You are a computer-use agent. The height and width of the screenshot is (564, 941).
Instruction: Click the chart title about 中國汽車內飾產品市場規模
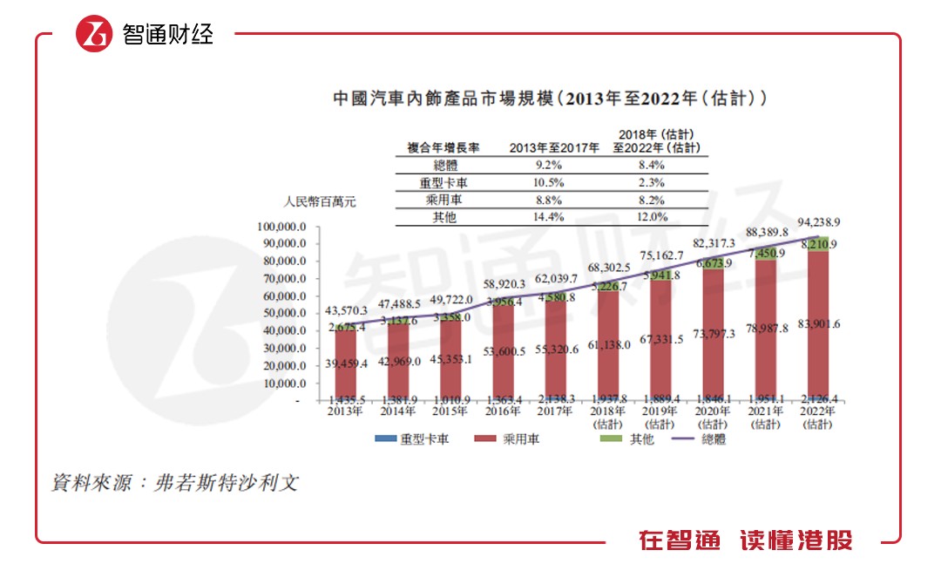(551, 98)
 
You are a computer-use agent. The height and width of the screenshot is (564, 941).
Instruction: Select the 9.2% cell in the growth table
(554, 164)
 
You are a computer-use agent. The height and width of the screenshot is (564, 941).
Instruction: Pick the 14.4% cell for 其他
(554, 217)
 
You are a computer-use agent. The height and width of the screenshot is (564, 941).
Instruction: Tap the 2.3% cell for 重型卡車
(652, 181)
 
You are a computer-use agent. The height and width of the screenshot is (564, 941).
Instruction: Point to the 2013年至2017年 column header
(554, 147)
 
